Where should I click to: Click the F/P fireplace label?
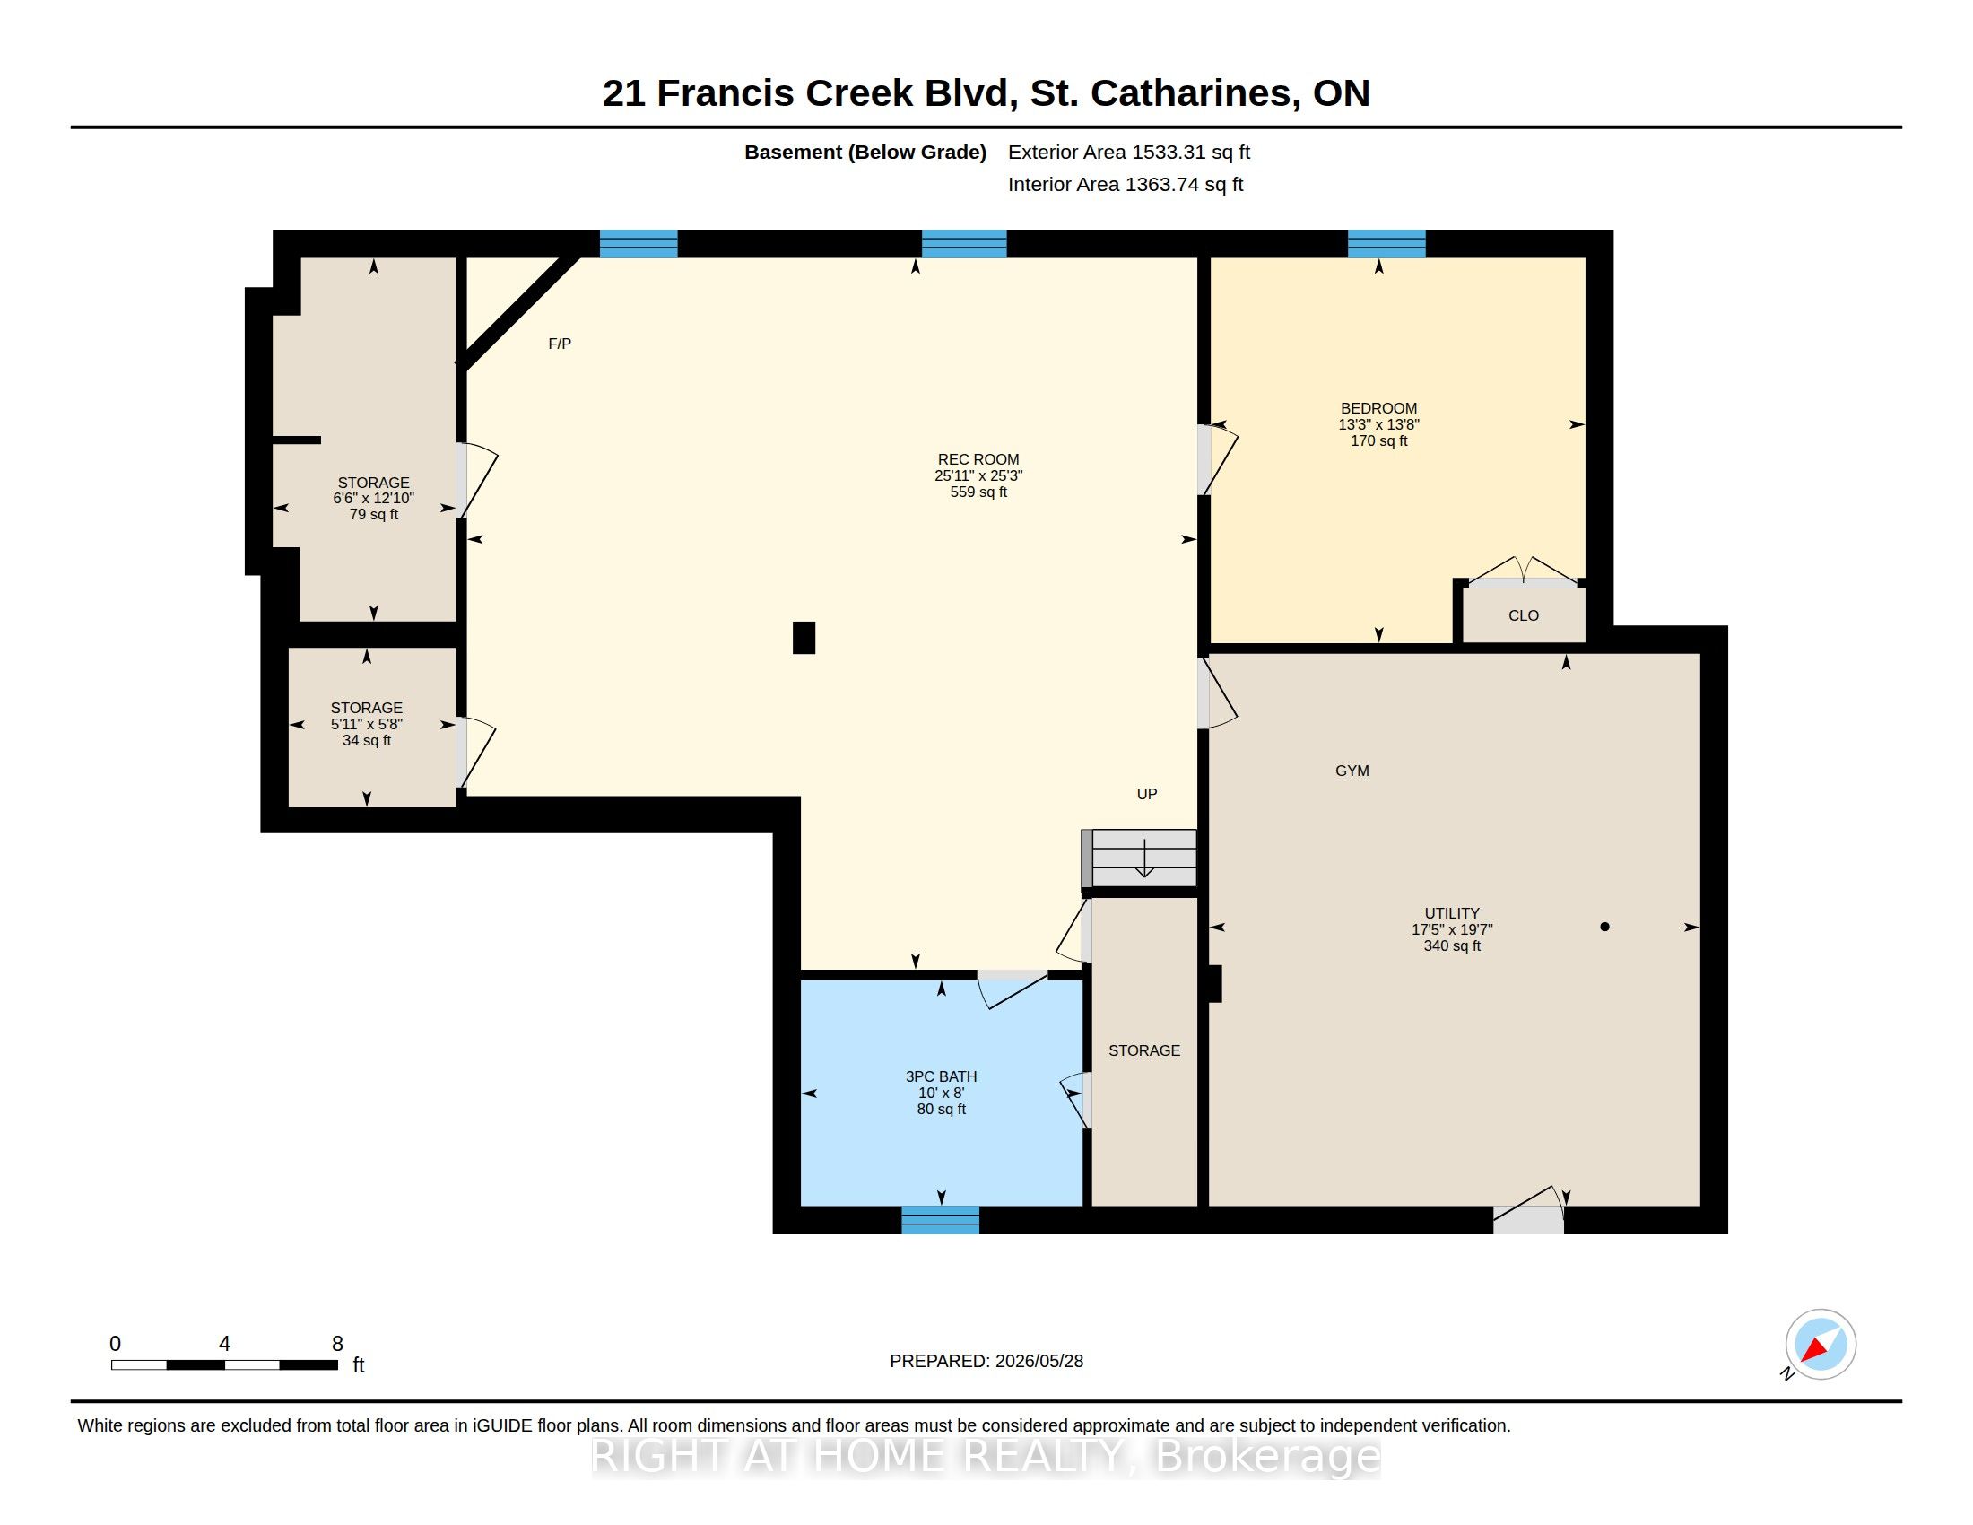pos(560,344)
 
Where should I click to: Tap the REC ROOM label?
pos(978,459)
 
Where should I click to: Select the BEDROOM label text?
pos(1378,408)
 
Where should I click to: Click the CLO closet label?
pos(1523,615)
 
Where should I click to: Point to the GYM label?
pos(1352,771)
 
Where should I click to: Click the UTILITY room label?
pos(1452,913)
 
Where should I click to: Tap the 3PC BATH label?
pos(942,1076)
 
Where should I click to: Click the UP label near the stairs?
pos(1146,794)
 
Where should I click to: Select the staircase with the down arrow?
pos(1139,858)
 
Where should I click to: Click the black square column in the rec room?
pos(804,638)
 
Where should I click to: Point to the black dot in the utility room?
pos(1604,927)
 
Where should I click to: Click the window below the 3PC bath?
pos(941,1221)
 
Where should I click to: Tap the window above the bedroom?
pos(1386,244)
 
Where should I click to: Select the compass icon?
pos(1821,1345)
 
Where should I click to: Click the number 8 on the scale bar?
pos(337,1344)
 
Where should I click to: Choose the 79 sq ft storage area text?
pos(373,515)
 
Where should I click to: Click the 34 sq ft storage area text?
pos(367,741)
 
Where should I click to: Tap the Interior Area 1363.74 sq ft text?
pos(1125,184)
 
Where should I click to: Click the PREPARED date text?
pos(986,1361)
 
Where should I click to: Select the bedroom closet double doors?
pos(1524,571)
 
